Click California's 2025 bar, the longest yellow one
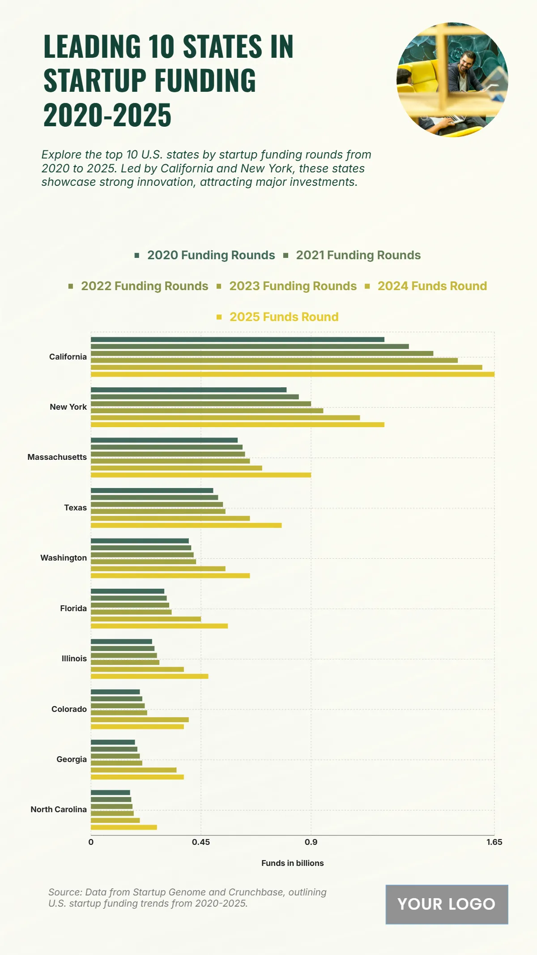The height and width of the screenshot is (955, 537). point(292,374)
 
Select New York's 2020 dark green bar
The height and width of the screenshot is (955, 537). point(188,390)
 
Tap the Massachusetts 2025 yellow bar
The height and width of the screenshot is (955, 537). point(200,475)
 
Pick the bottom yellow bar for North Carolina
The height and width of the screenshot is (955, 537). point(124,827)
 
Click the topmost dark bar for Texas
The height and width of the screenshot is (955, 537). point(152,491)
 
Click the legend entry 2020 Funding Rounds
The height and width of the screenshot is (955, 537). point(211,255)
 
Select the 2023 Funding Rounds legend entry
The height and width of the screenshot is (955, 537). point(293,286)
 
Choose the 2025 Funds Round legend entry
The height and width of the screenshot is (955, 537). point(284,317)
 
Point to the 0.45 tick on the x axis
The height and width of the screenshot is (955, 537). point(200,842)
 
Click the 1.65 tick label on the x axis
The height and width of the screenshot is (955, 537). point(494,842)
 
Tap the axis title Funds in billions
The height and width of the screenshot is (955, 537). point(292,863)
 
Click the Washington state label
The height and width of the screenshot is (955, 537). point(64,558)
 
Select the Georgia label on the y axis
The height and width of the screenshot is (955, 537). point(72,759)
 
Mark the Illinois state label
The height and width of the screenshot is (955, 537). point(74,659)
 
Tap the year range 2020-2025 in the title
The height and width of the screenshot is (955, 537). point(107,115)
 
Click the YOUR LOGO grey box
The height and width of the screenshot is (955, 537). point(447,904)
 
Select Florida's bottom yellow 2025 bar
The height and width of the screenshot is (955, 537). point(159,626)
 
